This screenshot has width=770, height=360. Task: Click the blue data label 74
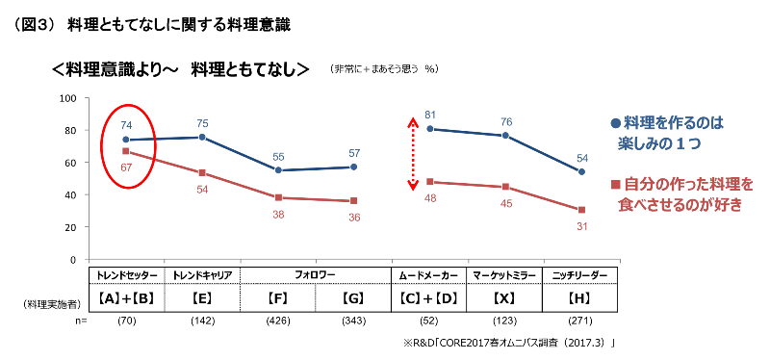(126, 125)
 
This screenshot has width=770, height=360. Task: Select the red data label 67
(126, 167)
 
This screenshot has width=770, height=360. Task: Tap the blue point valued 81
(430, 129)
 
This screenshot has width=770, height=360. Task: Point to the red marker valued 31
(581, 210)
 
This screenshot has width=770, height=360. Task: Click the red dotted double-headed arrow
(412, 155)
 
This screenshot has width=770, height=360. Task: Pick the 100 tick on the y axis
(67, 98)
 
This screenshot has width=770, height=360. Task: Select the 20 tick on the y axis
(70, 227)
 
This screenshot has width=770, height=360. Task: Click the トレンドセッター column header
(126, 274)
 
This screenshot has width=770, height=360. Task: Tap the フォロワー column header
(316, 274)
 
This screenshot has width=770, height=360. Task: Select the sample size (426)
(278, 321)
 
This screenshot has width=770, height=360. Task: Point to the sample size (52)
(430, 321)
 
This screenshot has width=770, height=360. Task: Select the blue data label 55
(278, 157)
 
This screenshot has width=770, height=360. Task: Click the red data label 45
(506, 203)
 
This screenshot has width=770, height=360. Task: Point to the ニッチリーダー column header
(581, 274)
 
